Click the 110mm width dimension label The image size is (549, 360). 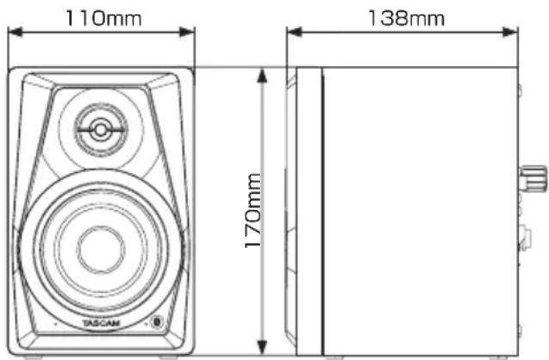(103, 19)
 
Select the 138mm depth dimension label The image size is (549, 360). (407, 19)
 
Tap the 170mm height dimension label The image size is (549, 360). (253, 211)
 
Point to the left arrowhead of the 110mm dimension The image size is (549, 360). (15, 32)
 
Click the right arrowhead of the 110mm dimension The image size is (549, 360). (187, 32)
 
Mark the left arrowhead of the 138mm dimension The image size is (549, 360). (294, 32)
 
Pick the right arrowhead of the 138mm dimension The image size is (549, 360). (510, 32)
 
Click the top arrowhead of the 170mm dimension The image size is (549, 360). (262, 76)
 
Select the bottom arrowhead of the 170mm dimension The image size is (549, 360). (262, 347)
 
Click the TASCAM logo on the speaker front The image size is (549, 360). (101, 323)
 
